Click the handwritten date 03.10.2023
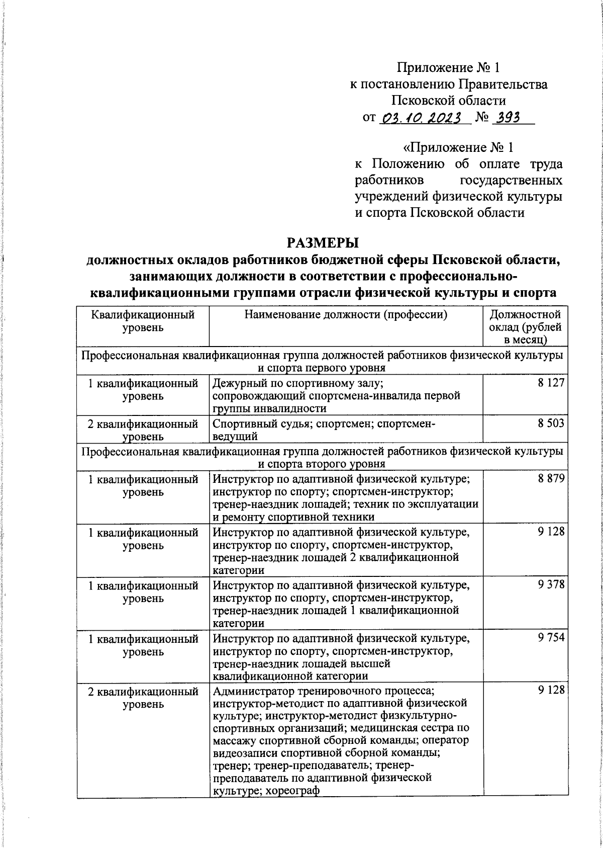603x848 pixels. tap(422, 118)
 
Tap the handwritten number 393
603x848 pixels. tap(507, 118)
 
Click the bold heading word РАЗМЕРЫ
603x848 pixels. tap(323, 243)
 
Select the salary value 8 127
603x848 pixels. tap(551, 383)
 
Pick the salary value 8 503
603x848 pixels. tap(551, 423)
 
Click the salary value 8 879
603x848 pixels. tap(551, 478)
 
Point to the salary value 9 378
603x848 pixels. tap(551, 584)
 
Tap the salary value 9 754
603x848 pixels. tap(551, 638)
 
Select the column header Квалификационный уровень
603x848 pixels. tap(143, 321)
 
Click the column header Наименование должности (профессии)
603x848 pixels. tap(346, 315)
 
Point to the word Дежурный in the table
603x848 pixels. tap(236, 383)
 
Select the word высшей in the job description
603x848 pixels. tap(373, 664)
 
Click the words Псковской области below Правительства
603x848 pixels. tap(448, 100)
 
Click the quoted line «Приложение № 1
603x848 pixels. tap(459, 148)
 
